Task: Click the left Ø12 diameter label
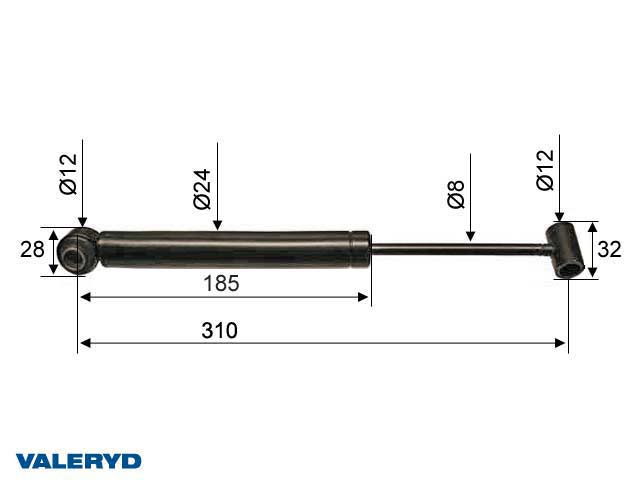coord(68,173)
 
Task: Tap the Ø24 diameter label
coord(203,189)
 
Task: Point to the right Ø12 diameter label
coord(545,169)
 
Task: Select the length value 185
coord(221,283)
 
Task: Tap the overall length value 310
coord(221,330)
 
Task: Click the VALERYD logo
coord(78,461)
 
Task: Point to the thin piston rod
coord(460,246)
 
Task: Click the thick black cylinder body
coord(225,249)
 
